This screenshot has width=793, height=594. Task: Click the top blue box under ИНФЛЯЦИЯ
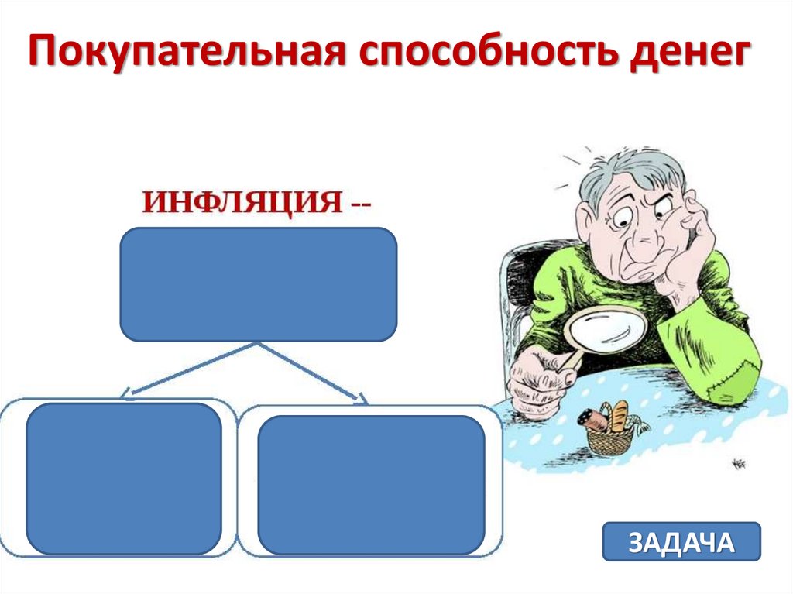pyautogui.click(x=258, y=283)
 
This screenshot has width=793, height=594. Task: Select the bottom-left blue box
pyautogui.click(x=124, y=478)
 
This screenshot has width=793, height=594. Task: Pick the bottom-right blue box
pyautogui.click(x=371, y=483)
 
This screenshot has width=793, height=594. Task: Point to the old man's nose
pyautogui.click(x=637, y=245)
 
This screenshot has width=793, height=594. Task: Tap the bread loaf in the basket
pyautogui.click(x=620, y=416)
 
